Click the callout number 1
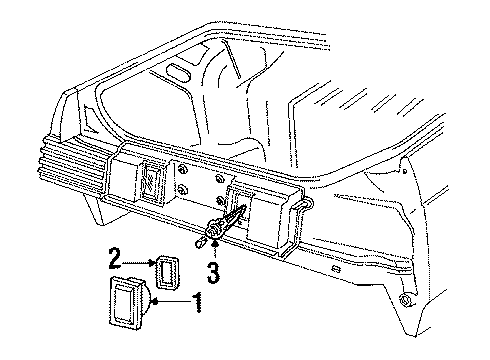pos(198,302)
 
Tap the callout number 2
pos(114,258)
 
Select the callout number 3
pos(213,272)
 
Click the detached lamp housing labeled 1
pos(128,304)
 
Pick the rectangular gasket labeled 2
pos(167,272)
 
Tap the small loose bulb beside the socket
pos(199,242)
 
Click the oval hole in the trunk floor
pos(179,72)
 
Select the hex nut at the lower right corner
pos(406,299)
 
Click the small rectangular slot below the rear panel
pos(336,268)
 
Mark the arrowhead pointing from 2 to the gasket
pos(153,263)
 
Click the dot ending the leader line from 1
pos(154,302)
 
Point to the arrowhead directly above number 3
pos(216,243)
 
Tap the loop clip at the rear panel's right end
pos(303,206)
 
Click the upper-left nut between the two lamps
pos(182,170)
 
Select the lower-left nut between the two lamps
pos(182,190)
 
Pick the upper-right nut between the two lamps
pos(219,178)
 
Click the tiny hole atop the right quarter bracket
pos(405,171)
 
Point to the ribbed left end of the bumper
pos(72,160)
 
